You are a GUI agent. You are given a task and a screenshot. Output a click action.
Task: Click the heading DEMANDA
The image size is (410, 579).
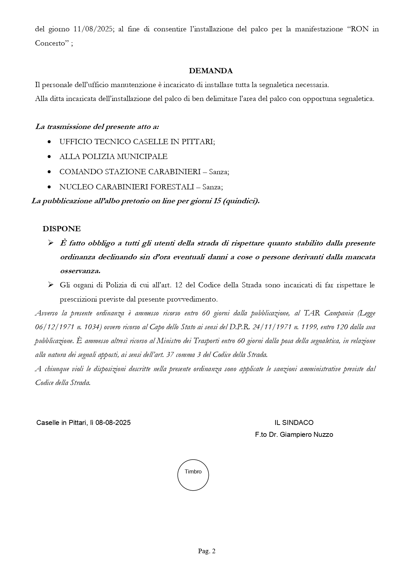tap(210, 71)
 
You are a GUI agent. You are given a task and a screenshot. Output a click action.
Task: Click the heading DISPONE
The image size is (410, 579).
tap(61, 229)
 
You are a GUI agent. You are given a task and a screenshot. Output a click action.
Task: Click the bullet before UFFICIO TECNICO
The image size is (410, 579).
tap(49, 142)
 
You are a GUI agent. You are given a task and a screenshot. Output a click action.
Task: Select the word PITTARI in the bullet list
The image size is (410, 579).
tap(198, 142)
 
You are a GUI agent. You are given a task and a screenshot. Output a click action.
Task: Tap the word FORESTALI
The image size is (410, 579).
tap(172, 187)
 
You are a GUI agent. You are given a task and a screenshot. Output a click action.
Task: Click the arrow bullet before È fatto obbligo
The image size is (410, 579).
tap(51, 243)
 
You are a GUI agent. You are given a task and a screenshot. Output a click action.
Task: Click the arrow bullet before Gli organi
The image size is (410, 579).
tap(51, 285)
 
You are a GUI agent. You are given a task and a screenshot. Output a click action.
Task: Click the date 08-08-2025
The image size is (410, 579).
tap(113, 423)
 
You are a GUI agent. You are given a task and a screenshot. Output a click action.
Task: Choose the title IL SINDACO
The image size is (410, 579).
tap(294, 423)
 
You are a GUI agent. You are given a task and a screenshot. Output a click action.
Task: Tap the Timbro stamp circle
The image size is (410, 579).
tap(193, 475)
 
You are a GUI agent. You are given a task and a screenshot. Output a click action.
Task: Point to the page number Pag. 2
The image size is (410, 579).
tap(207, 551)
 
